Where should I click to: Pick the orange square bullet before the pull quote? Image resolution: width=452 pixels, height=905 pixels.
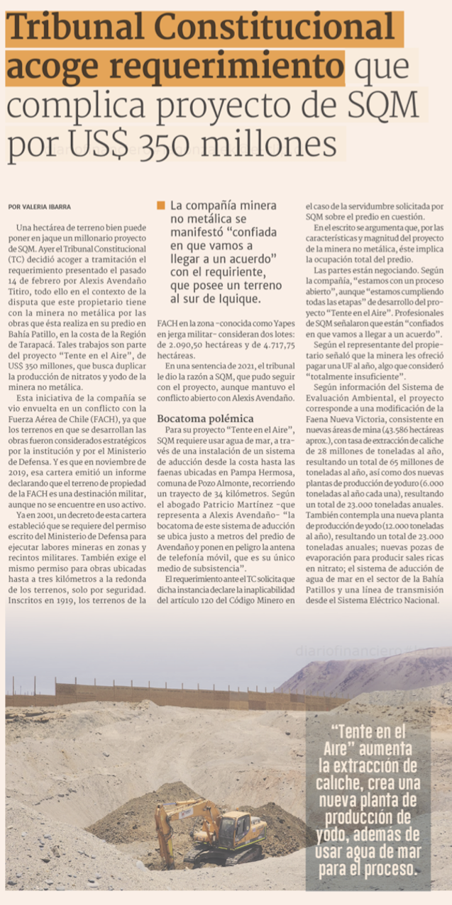click(x=161, y=206)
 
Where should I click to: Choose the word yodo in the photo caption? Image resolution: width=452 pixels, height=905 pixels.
click(x=337, y=833)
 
